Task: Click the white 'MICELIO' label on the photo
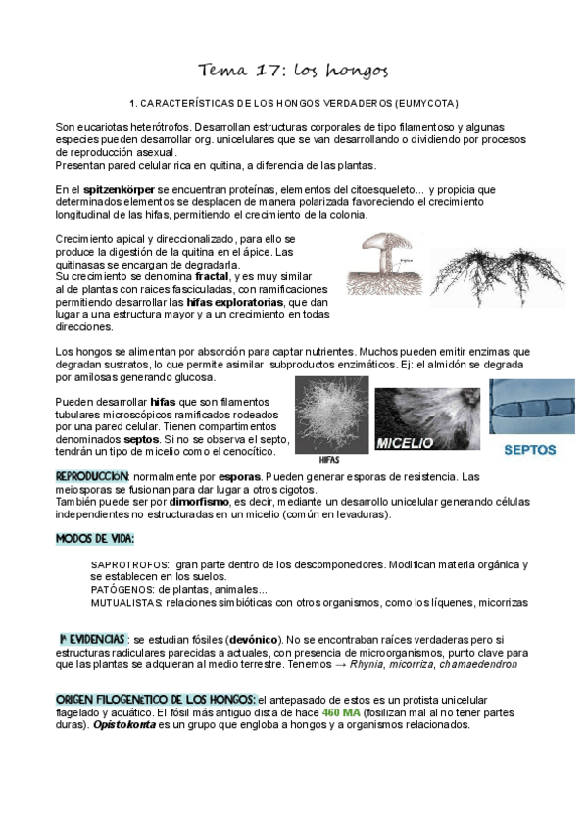(404, 442)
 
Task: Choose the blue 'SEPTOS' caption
(529, 451)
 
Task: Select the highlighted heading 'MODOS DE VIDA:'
(95, 539)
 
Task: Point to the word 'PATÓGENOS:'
(122, 590)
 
